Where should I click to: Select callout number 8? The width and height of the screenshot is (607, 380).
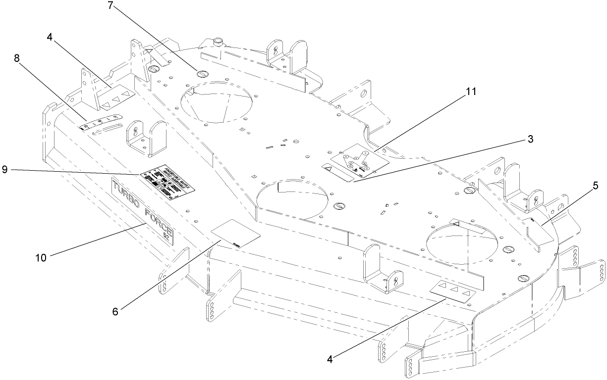tap(17, 58)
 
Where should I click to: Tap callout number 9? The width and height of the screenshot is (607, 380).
tap(5, 170)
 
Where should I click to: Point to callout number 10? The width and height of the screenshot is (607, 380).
tap(42, 257)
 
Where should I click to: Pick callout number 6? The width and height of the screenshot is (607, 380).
tap(115, 312)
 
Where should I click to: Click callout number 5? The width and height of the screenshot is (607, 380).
tap(595, 186)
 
